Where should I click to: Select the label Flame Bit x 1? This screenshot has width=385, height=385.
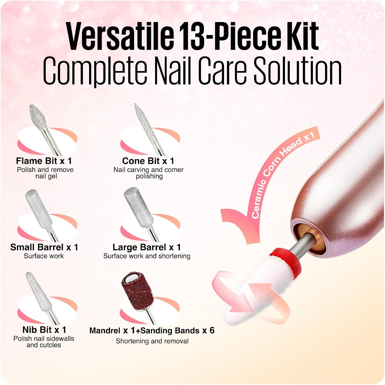44,161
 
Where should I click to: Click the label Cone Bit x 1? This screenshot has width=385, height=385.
148,161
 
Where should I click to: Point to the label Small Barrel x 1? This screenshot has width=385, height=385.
44,247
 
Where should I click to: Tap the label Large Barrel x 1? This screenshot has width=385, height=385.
147,247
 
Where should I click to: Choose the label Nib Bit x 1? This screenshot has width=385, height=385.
44,330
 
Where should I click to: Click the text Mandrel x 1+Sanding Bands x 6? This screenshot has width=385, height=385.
152,330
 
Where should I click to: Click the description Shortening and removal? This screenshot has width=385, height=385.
152,341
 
